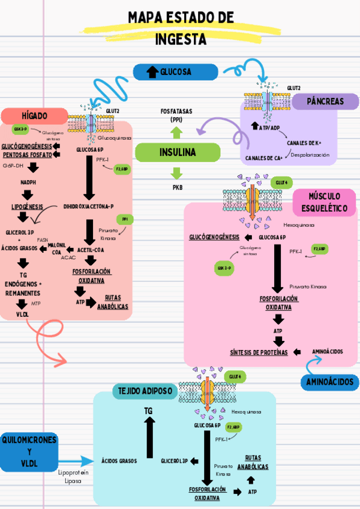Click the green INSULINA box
(177, 152)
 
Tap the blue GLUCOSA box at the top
(175, 72)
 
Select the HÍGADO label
(34, 115)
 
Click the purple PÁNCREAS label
(325, 101)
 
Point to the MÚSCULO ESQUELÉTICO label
(325, 203)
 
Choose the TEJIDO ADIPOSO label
(144, 391)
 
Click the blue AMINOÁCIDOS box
(329, 382)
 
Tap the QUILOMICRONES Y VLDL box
(29, 451)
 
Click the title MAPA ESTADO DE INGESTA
(180, 28)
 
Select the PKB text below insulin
(177, 187)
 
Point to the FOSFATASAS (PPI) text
(176, 115)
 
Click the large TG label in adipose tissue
(149, 410)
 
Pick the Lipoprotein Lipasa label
(73, 477)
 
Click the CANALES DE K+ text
(304, 143)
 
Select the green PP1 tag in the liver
(125, 220)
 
